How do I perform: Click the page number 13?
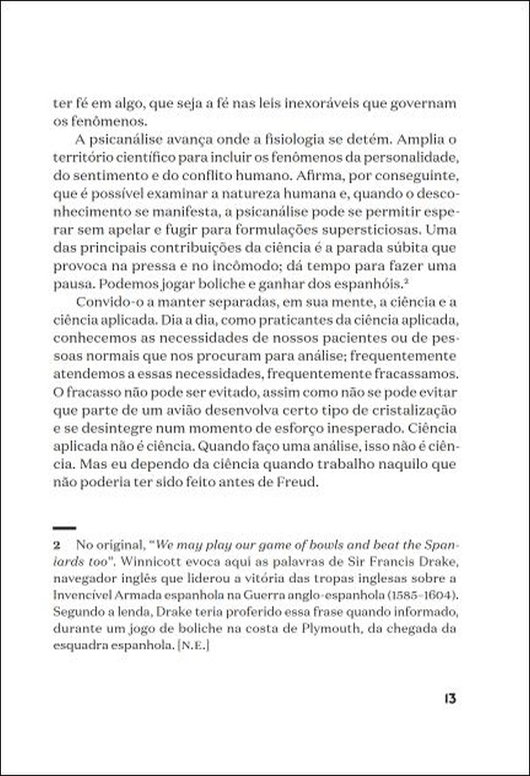tap(449, 699)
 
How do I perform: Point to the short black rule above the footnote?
tap(64, 527)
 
